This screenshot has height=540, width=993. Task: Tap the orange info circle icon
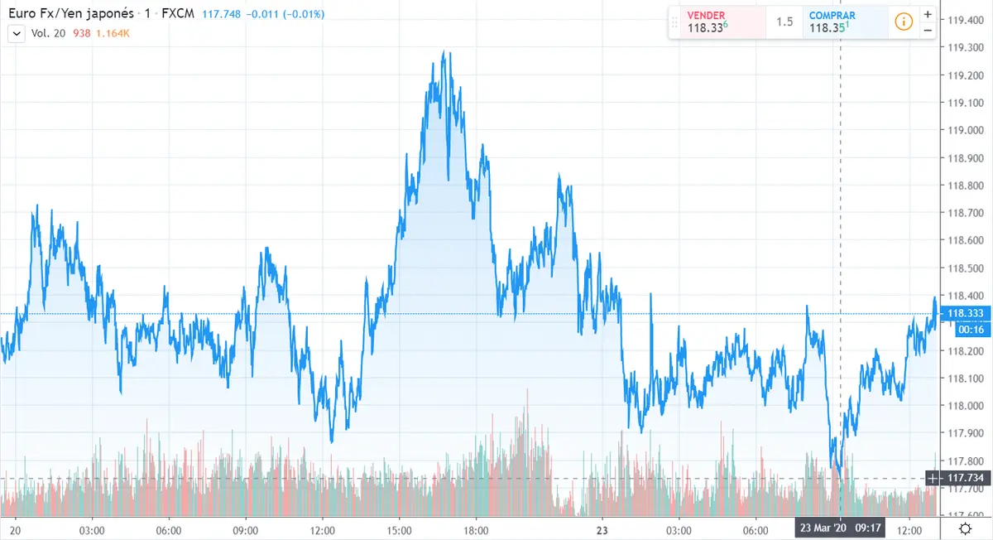pos(904,22)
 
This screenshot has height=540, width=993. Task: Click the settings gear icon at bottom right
pos(965,529)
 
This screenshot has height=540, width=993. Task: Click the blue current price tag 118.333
pos(964,314)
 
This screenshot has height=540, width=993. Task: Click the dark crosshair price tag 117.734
pos(964,479)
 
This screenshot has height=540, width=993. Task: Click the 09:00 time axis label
pos(246,530)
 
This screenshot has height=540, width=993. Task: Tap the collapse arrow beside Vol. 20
pos(16,33)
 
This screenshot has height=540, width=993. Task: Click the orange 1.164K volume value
pos(113,33)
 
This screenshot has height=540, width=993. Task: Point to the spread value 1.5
pos(784,22)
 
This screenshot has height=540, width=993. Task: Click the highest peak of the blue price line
pos(444,52)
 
